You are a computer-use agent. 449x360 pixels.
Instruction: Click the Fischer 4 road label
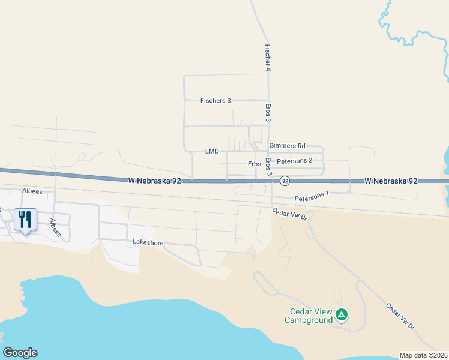(268, 58)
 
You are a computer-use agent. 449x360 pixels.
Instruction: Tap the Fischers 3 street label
(215, 101)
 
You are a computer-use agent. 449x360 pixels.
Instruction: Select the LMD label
(212, 151)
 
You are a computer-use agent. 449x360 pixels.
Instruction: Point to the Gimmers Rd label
(288, 146)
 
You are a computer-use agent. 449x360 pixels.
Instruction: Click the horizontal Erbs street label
(254, 164)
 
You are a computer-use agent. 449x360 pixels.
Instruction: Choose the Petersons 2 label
(295, 161)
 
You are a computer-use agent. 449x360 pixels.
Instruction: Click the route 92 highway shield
(285, 181)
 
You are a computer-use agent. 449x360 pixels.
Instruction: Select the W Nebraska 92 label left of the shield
(154, 180)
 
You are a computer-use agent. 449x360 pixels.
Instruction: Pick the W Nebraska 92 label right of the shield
(391, 181)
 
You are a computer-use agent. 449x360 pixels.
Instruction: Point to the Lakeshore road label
(148, 243)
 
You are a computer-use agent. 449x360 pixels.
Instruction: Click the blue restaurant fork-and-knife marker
(25, 220)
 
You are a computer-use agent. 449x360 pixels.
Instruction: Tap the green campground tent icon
(341, 314)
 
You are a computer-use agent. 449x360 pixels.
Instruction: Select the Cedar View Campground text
(311, 316)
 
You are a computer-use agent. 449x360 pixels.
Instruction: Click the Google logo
(20, 353)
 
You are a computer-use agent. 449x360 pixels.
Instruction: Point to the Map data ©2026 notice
(423, 355)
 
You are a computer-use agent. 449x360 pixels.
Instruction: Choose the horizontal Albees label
(32, 191)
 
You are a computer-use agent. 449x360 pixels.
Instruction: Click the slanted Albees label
(56, 228)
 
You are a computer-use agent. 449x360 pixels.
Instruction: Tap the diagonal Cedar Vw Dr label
(400, 317)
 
